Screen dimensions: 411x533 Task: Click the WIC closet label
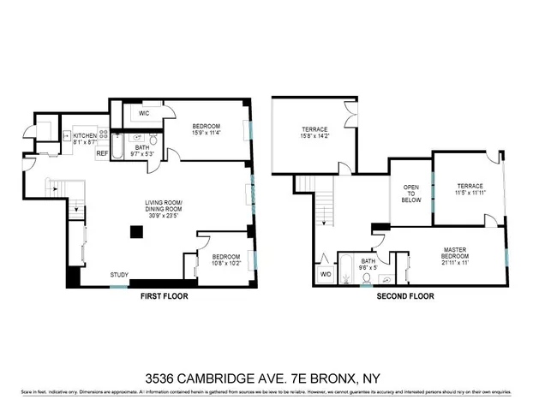point(144,112)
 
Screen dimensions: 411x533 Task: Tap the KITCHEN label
point(85,135)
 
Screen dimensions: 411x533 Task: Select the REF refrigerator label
point(101,153)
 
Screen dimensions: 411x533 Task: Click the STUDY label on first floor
point(119,274)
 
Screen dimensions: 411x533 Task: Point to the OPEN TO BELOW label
point(411,194)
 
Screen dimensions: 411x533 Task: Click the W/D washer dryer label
point(326,274)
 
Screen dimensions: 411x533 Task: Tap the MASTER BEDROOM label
point(455,253)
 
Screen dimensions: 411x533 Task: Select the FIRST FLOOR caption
point(164,296)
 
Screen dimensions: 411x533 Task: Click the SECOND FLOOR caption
point(405,296)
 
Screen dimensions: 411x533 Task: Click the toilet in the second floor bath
point(386,277)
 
